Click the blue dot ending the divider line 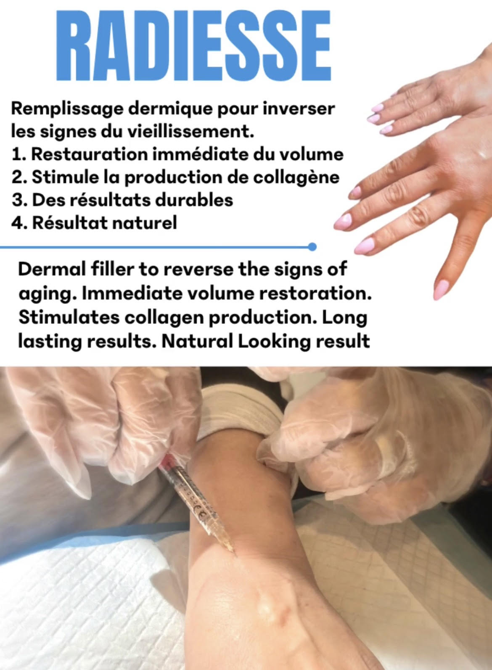(312, 247)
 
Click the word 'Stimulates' (69, 318)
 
